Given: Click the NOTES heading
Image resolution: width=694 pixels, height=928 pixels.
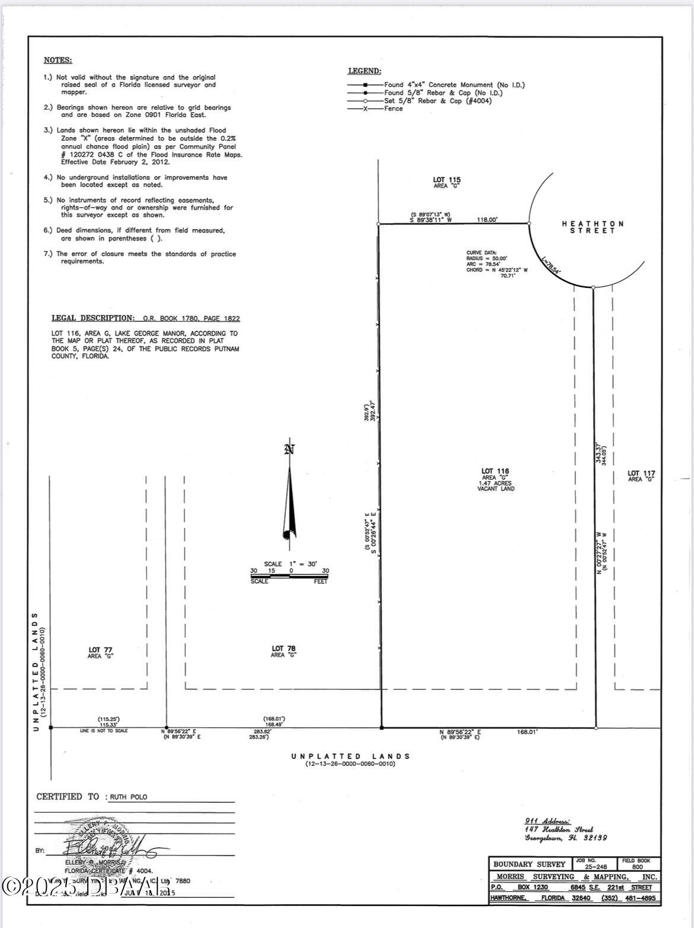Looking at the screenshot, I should click(58, 60).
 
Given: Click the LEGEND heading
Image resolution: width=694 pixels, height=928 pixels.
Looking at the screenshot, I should click(364, 71).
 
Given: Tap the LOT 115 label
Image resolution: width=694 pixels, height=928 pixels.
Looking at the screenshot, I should click(447, 180).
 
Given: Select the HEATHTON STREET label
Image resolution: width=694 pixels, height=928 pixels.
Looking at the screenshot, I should click(593, 227).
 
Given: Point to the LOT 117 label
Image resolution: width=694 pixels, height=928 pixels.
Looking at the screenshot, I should click(641, 474).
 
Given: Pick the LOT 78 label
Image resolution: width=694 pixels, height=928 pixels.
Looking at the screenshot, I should click(284, 649).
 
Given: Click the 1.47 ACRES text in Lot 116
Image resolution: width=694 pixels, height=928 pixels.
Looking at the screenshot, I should click(495, 483).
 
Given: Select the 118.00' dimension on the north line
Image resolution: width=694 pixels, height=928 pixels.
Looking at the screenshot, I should click(488, 220).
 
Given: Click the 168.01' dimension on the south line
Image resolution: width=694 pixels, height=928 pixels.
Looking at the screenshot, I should click(527, 733).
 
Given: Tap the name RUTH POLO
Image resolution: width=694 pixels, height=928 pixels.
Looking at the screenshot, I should click(128, 797).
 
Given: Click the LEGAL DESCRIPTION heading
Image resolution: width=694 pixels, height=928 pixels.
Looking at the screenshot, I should click(93, 318).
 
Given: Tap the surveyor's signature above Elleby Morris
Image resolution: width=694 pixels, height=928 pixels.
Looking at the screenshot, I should click(104, 844).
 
